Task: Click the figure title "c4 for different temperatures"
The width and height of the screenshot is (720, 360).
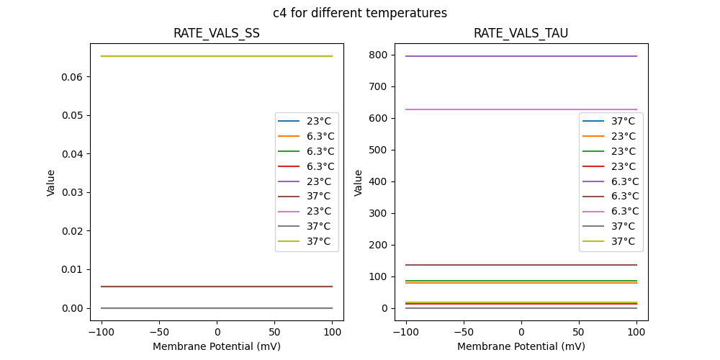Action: (359, 13)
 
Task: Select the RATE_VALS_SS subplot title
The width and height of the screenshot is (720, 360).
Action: (216, 34)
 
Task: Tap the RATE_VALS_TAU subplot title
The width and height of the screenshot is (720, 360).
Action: (521, 34)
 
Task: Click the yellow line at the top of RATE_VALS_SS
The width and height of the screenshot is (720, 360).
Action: (216, 56)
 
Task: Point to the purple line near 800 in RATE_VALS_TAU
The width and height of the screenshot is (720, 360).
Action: (521, 56)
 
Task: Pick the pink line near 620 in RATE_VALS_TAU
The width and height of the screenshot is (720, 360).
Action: (521, 109)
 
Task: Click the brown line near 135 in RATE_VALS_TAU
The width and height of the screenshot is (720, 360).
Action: (521, 265)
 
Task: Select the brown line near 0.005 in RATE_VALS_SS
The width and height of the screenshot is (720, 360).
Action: (216, 287)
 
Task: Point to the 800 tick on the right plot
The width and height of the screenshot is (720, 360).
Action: (379, 55)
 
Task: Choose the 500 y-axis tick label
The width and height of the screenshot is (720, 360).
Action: (379, 150)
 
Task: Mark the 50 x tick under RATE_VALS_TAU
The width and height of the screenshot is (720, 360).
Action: (578, 333)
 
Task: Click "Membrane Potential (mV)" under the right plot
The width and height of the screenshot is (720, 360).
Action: (521, 346)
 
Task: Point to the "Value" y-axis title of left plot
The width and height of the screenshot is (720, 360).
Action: (51, 183)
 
